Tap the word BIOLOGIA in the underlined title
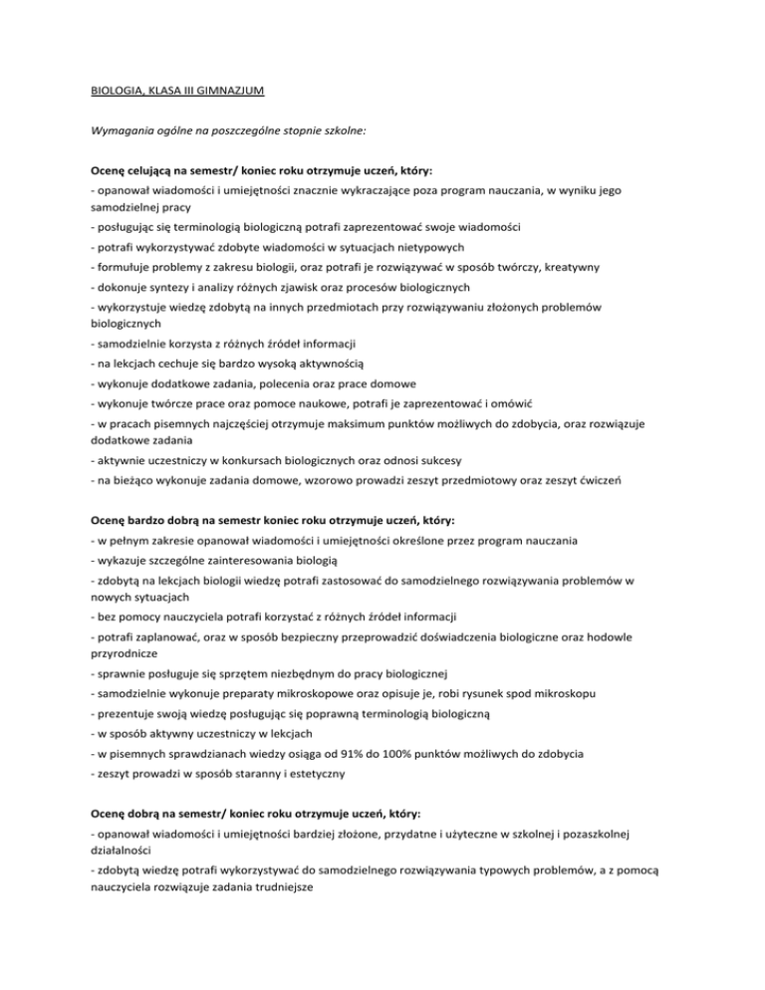click(118, 91)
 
